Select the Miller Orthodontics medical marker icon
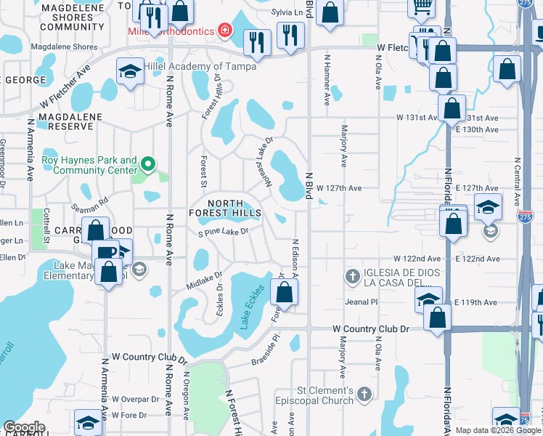[x=224, y=31]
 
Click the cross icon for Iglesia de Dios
[x=353, y=277]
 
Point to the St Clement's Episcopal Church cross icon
[x=364, y=394]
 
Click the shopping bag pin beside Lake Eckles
[x=285, y=293]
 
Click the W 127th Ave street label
[x=338, y=188]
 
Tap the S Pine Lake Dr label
[x=224, y=232]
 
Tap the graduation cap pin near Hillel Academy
[x=129, y=72]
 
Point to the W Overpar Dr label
[x=136, y=399]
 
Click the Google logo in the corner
[x=24, y=427]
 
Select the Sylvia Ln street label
[x=286, y=12]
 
